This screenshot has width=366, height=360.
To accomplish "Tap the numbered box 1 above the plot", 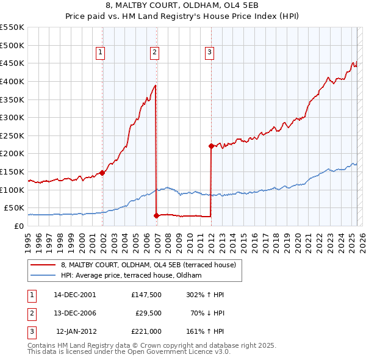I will click(100, 52).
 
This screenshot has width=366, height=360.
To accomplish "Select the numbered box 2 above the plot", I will click(155, 52).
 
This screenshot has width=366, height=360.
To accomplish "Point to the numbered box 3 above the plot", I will click(209, 52).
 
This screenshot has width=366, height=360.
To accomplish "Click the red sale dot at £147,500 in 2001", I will click(102, 173).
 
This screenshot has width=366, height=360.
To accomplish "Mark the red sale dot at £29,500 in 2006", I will click(156, 215).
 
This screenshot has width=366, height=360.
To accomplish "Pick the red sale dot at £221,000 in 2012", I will click(211, 146).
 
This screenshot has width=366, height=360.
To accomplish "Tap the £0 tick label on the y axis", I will click(18, 226).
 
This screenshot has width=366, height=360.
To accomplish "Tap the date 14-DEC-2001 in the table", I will click(75, 294).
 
